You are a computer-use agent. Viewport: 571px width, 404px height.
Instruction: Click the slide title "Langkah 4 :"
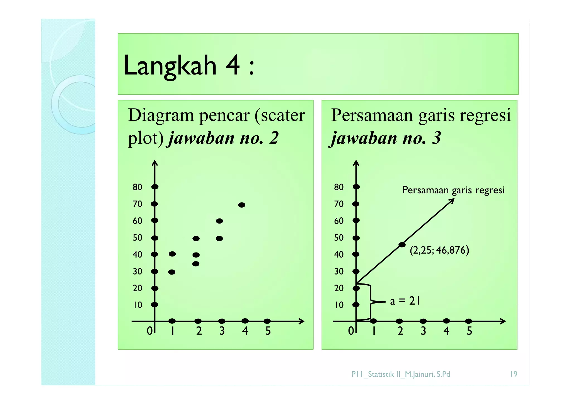189,66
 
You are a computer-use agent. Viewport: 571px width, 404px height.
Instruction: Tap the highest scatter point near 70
242,205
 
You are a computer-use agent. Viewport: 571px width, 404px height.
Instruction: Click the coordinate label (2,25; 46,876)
439,250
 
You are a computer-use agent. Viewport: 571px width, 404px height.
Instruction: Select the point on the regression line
402,245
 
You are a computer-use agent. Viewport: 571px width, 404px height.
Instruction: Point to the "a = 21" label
405,301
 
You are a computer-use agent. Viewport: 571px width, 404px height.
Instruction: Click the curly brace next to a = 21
371,302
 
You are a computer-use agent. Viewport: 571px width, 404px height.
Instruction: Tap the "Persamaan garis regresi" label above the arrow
453,190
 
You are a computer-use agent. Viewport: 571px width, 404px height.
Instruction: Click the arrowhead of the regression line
453,200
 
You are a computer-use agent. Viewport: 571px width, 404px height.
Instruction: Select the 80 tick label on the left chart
137,187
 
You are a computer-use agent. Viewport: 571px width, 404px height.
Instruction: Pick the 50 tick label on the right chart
339,238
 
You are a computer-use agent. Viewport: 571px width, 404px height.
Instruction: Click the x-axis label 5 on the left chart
268,331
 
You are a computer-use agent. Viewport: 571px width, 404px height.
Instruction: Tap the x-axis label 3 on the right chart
423,331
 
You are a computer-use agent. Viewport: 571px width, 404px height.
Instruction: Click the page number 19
514,374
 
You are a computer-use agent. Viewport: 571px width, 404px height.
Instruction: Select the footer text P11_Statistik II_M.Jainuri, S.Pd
401,374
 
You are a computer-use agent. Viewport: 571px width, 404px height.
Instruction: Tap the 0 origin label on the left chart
150,331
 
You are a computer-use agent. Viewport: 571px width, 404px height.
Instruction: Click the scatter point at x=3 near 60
219,221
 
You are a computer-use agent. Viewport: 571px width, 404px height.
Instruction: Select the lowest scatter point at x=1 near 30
172,272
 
